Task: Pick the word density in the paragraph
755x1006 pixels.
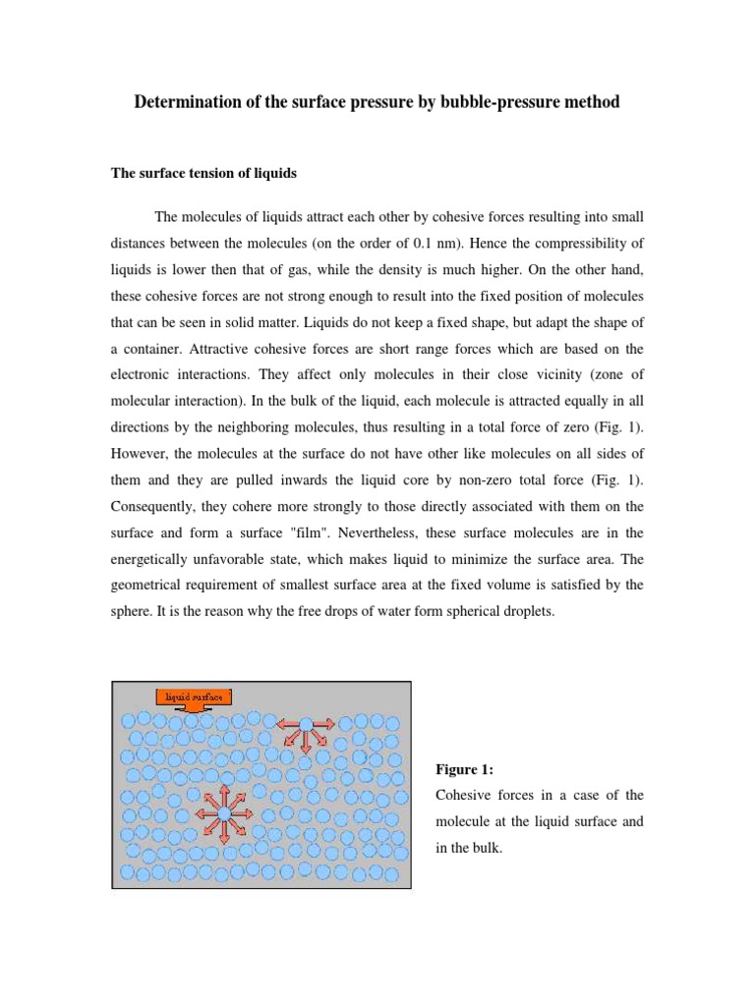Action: pyautogui.click(x=440, y=268)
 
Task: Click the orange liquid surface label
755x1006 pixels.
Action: pyautogui.click(x=195, y=697)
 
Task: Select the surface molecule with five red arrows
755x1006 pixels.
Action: pyautogui.click(x=306, y=725)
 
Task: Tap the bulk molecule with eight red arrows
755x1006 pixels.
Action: pyautogui.click(x=223, y=813)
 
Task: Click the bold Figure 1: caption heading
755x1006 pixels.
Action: pyautogui.click(x=464, y=768)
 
